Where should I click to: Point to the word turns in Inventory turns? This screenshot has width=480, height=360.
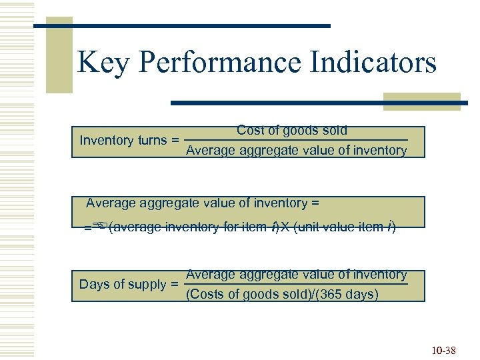click(152, 140)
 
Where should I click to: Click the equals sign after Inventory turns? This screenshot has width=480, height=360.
click(175, 141)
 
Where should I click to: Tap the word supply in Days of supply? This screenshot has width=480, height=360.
click(147, 285)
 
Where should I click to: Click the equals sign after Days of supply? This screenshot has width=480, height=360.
click(175, 285)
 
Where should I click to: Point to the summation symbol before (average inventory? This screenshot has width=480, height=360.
click(100, 227)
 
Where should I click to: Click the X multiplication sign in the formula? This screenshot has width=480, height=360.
click(285, 227)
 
